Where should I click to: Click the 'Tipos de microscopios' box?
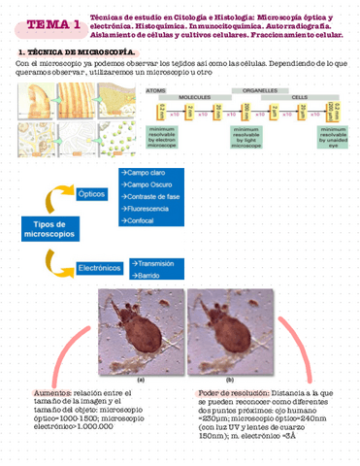pos(43,231)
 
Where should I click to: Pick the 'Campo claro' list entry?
pos(145,171)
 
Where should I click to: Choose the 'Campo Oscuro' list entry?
pos(147,183)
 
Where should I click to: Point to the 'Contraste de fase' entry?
pos(153,196)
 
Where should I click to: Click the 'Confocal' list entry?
pos(140,220)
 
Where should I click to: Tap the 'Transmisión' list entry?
pos(155,263)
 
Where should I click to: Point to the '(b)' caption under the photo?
pos(229,380)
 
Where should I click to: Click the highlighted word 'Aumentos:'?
pos(54,392)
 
